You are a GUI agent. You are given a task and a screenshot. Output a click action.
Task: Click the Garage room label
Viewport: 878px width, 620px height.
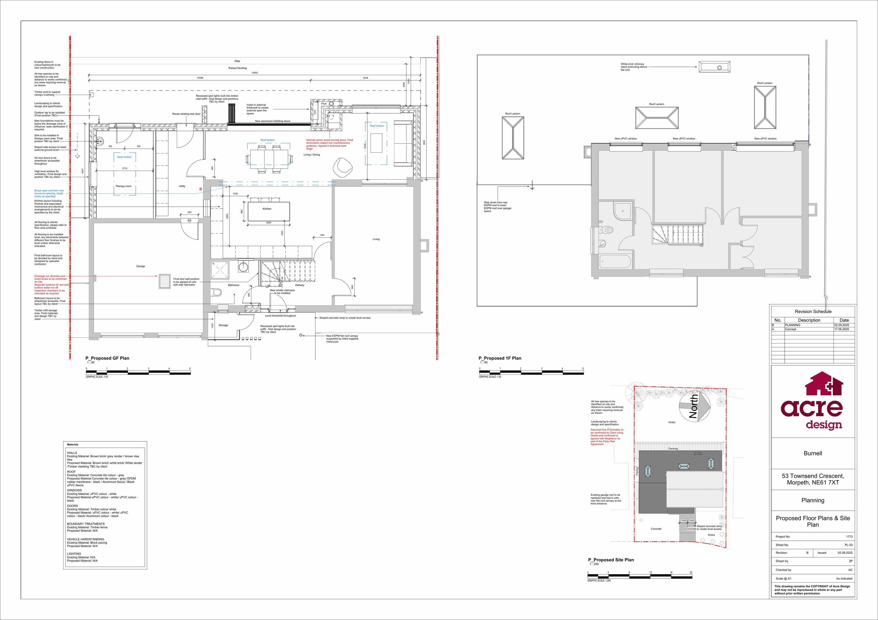pyautogui.click(x=140, y=266)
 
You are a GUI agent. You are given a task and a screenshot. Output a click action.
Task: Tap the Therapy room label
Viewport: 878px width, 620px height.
pyautogui.click(x=123, y=186)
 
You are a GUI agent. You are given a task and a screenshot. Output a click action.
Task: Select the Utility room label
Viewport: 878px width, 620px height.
pyautogui.click(x=182, y=186)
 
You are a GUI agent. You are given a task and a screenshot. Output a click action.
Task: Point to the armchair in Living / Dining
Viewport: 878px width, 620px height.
pyautogui.click(x=342, y=167)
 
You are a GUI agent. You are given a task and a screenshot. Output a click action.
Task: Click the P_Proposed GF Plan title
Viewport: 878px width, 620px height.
pyautogui.click(x=107, y=358)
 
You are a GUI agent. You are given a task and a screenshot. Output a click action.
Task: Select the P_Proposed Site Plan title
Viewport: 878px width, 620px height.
pyautogui.click(x=611, y=560)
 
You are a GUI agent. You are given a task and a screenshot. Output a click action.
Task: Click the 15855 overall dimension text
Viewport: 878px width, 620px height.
pyautogui.click(x=255, y=72)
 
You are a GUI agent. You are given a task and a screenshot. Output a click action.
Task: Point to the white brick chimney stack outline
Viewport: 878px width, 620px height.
pyautogui.click(x=714, y=67)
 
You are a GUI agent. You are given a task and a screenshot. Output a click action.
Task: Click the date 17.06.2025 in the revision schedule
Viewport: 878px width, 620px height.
pyautogui.click(x=841, y=329)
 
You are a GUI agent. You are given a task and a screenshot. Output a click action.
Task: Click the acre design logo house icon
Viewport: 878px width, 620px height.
pyautogui.click(x=824, y=384)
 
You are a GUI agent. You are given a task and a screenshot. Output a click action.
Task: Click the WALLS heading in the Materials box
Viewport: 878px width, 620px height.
pyautogui.click(x=72, y=453)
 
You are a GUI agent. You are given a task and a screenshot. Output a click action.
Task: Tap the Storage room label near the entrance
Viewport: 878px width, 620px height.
pyautogui.click(x=223, y=325)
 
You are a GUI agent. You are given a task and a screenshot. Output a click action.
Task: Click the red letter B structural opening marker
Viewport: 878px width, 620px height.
pyautogui.click(x=200, y=189)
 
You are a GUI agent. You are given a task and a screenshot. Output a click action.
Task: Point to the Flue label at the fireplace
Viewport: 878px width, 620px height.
pyautogui.click(x=323, y=104)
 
